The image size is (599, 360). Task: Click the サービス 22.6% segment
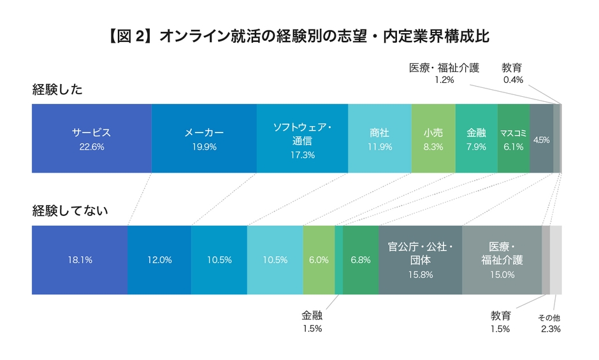pyautogui.click(x=91, y=138)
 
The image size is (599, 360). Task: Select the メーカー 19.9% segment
pyautogui.click(x=204, y=138)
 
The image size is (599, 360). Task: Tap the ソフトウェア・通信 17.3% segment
pyautogui.click(x=302, y=138)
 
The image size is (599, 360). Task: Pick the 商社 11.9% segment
pyautogui.click(x=379, y=138)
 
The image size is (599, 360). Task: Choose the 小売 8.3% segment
pyautogui.click(x=433, y=138)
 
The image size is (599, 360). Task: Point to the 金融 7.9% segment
pyautogui.click(x=476, y=138)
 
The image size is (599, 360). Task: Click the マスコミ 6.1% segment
pyautogui.click(x=513, y=138)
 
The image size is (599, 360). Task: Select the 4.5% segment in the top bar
pyautogui.click(x=541, y=138)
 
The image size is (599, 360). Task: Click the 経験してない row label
pyautogui.click(x=70, y=211)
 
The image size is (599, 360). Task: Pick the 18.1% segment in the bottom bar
pyautogui.click(x=80, y=260)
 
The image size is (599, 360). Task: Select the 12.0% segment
pyautogui.click(x=159, y=260)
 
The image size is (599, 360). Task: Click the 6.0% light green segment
pyautogui.click(x=319, y=260)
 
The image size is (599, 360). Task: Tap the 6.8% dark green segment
pyautogui.click(x=361, y=260)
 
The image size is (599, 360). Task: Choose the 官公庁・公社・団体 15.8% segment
pyautogui.click(x=420, y=260)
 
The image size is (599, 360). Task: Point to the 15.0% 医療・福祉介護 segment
pyautogui.click(x=502, y=260)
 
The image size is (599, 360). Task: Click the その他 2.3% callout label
pyautogui.click(x=550, y=324)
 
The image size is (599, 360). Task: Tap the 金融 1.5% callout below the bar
pyautogui.click(x=312, y=322)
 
